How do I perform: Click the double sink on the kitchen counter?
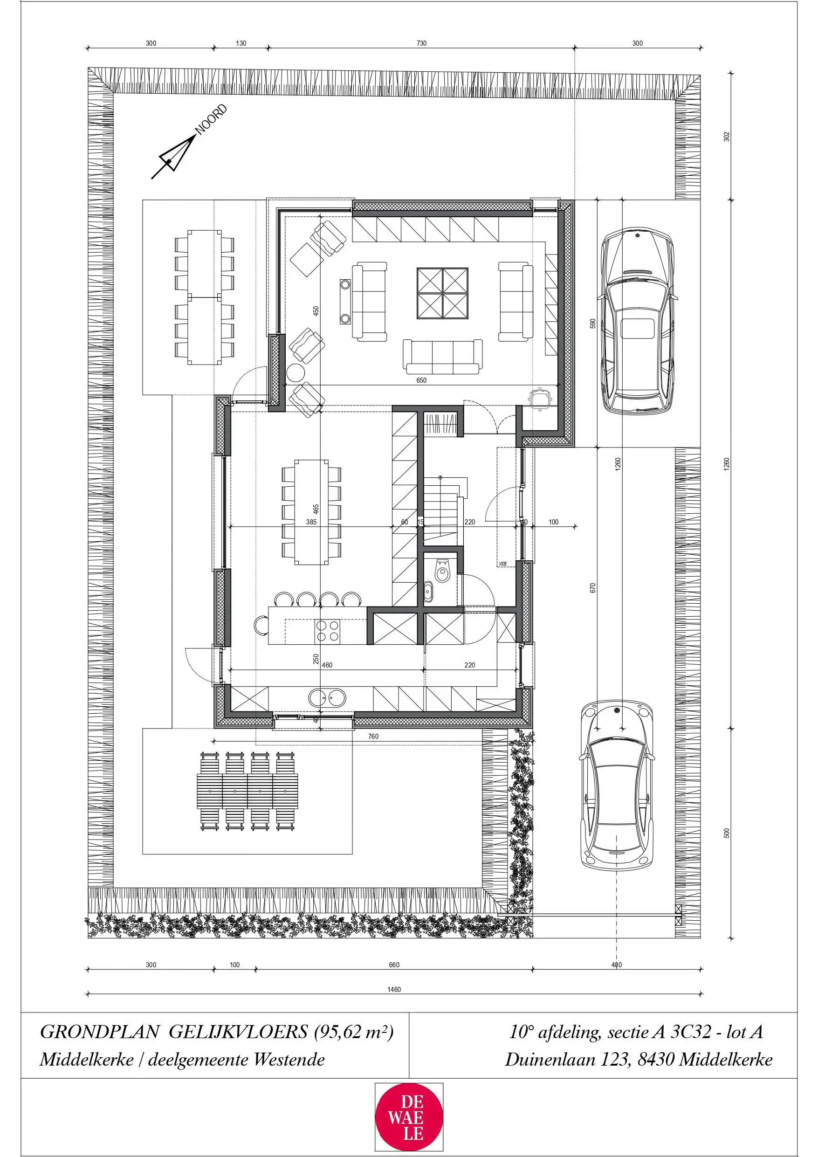click(x=328, y=698)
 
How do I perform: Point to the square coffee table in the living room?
click(x=442, y=293)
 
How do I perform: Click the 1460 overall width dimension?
click(x=394, y=989)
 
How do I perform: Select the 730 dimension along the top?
click(x=421, y=43)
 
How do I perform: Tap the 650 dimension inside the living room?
click(x=421, y=380)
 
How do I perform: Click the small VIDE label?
click(x=503, y=564)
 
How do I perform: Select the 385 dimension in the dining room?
click(x=311, y=522)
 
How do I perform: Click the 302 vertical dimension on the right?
click(x=726, y=137)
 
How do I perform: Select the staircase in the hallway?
click(x=442, y=509)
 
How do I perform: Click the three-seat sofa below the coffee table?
click(x=442, y=357)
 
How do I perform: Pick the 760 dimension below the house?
click(x=373, y=736)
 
